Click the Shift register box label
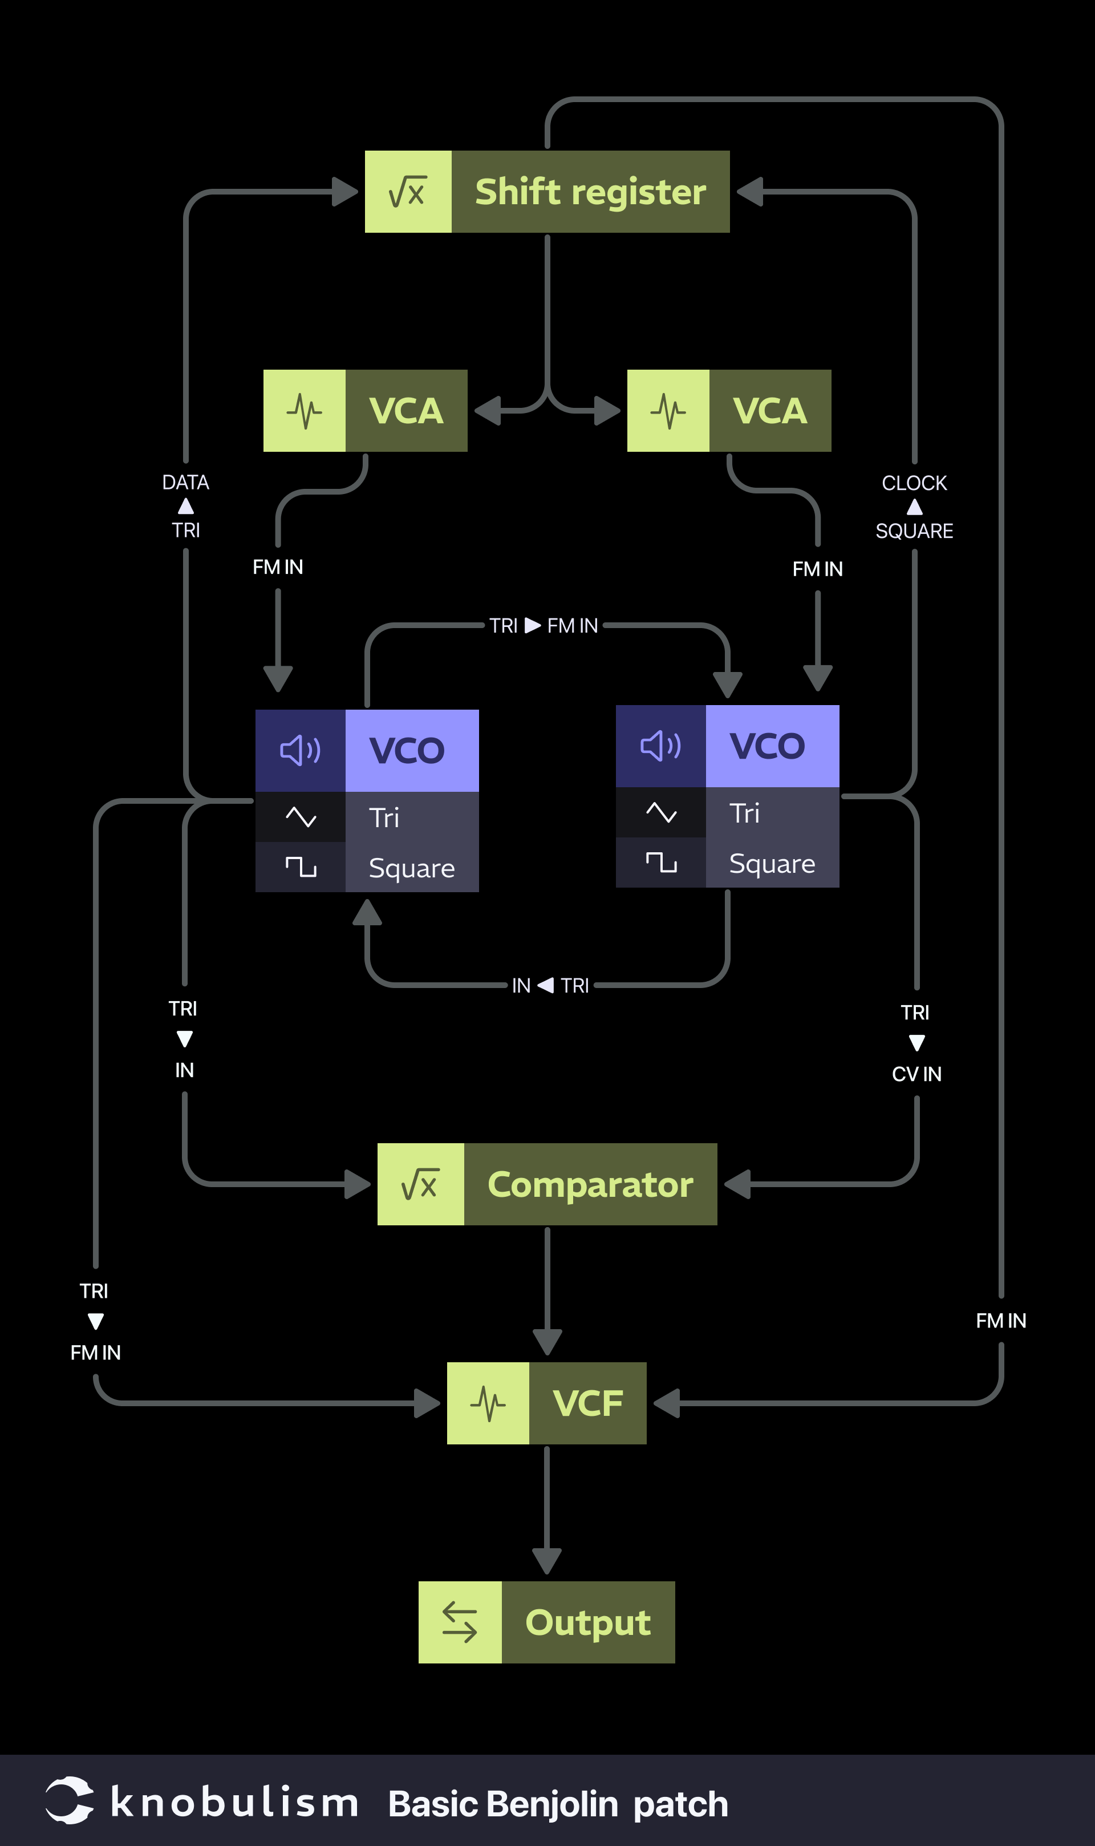[x=590, y=192]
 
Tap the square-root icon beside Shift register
[x=408, y=192]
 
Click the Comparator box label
[x=590, y=1184]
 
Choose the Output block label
[x=587, y=1622]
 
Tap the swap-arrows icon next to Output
[x=460, y=1622]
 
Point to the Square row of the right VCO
[x=772, y=863]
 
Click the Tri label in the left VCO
[x=384, y=817]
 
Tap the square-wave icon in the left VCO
[x=301, y=867]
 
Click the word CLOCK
[x=914, y=483]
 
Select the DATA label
[x=185, y=483]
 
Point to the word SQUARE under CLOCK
[x=914, y=531]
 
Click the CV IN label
[x=916, y=1074]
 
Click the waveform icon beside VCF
[x=488, y=1403]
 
